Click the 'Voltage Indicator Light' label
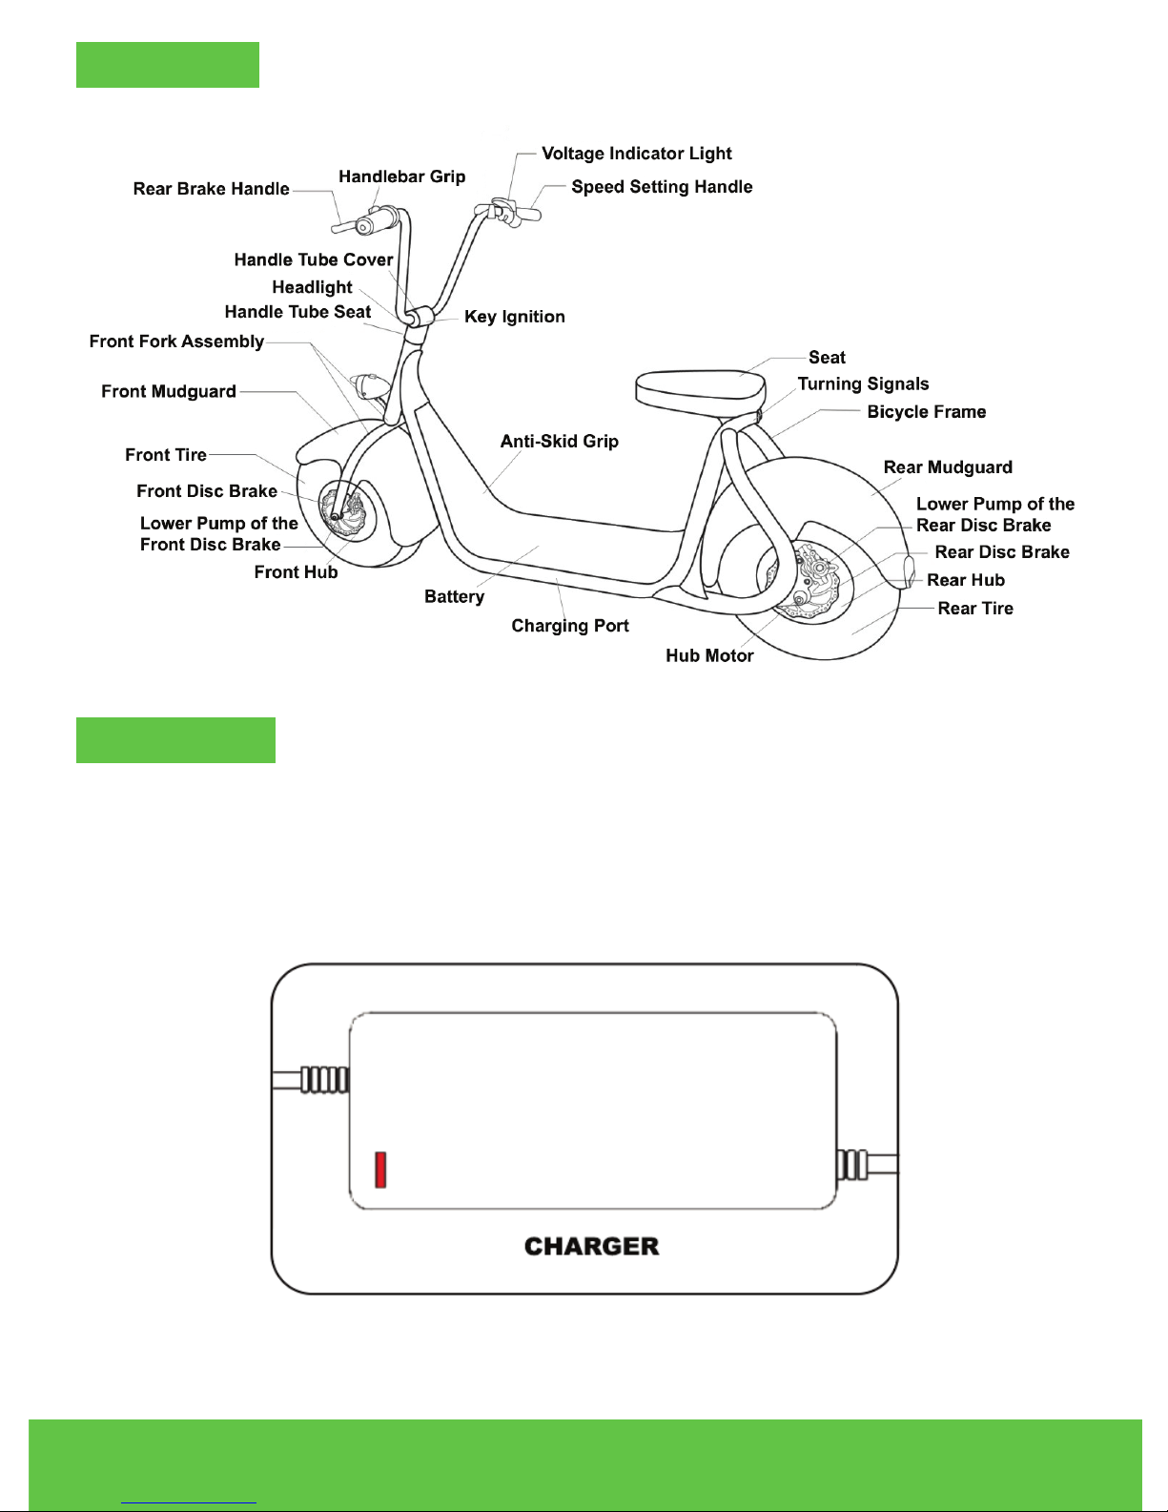coord(636,154)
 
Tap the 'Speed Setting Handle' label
coord(662,187)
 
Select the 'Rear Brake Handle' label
coord(211,189)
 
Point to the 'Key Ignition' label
coord(515,317)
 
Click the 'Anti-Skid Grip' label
coord(560,441)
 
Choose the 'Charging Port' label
coord(570,626)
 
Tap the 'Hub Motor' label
coord(709,655)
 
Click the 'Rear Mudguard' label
coord(948,466)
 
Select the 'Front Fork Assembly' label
coord(176,342)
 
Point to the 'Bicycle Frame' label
coord(926,412)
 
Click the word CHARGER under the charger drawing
coord(592,1247)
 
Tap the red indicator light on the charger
coord(380,1170)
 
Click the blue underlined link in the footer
coord(189,1502)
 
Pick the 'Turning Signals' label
coord(863,384)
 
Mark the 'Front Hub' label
coord(296,572)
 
